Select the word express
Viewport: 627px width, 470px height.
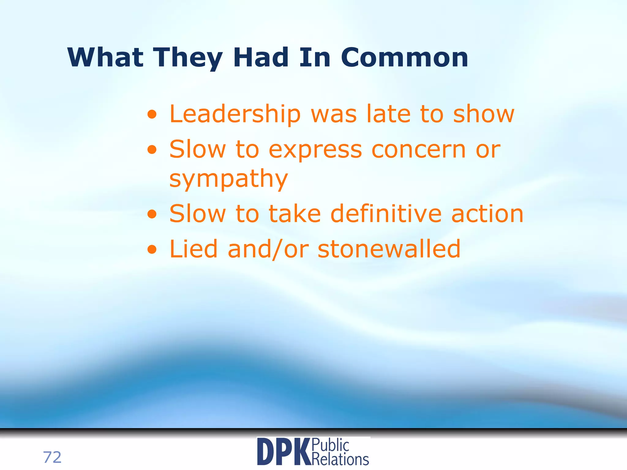315,150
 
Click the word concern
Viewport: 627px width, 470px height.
419,150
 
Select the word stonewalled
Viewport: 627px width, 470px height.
389,249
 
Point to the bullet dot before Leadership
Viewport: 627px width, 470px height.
152,115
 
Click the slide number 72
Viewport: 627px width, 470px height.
52,457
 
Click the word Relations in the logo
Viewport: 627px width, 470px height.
340,459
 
